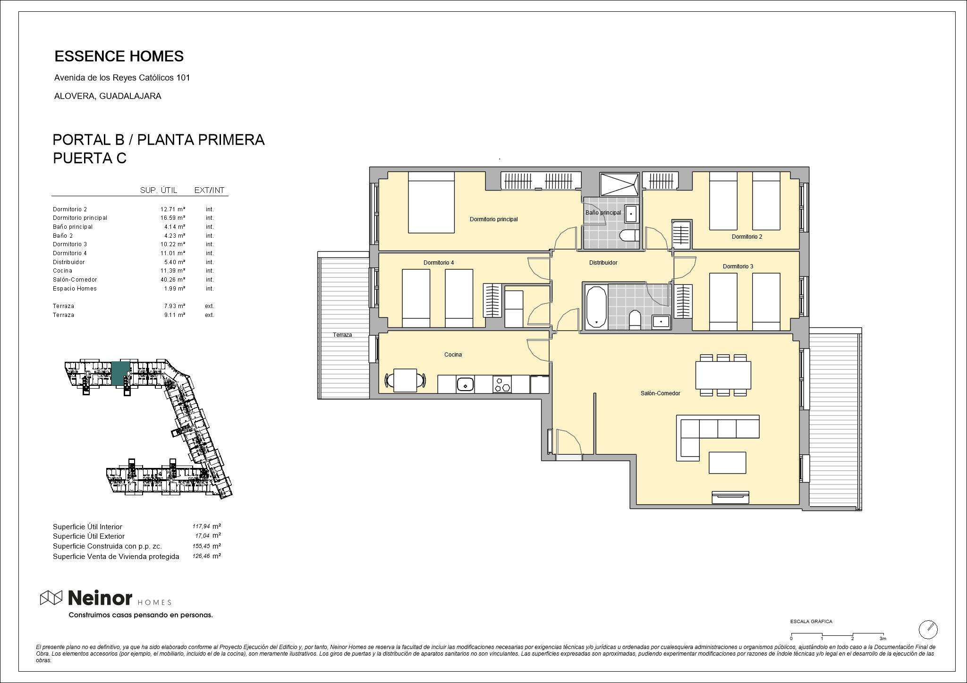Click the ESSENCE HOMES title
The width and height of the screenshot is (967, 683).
coord(119,56)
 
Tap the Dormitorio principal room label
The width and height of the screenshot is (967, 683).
coord(493,219)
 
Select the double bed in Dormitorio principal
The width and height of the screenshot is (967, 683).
coord(431,202)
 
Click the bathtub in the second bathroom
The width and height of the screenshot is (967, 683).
coord(596,307)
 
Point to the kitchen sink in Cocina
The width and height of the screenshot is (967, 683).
coord(465,384)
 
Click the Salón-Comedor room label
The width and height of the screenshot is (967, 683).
coord(660,393)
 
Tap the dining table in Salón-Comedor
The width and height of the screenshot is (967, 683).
coord(723,375)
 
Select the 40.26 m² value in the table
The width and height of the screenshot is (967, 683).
coord(173,280)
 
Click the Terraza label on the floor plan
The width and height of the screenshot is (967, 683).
coord(342,335)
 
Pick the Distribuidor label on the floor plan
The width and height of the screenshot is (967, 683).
coord(603,263)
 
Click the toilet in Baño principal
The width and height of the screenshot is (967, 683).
coord(629,236)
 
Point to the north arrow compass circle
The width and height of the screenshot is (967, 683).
coord(928,629)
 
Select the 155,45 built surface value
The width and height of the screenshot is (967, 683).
coord(201,546)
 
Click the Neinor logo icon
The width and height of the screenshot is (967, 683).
coord(51,598)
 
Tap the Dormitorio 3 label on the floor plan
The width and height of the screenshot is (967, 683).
coord(738,267)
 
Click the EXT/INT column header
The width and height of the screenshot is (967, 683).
coord(209,191)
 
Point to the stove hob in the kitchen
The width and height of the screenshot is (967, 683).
coord(502,384)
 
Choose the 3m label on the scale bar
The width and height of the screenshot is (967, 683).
coord(883,639)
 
